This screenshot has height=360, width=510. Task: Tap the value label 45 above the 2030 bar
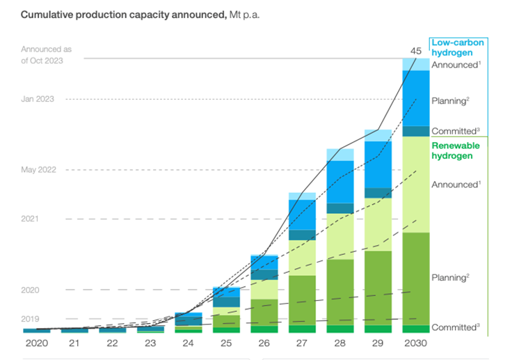[415, 50]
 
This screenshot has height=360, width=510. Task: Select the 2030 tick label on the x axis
[415, 343]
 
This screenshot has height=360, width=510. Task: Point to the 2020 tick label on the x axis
[36, 343]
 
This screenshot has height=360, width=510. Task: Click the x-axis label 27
[302, 343]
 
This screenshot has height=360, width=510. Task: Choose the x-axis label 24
[188, 343]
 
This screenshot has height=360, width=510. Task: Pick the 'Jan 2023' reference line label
[38, 99]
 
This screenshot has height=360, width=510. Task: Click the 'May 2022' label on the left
[38, 170]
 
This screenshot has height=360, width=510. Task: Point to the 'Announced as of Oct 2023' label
[46, 54]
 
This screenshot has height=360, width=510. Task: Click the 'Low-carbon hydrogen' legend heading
[458, 47]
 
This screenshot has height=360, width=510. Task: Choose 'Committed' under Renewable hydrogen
[454, 327]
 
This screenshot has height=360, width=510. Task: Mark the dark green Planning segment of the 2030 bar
[415, 279]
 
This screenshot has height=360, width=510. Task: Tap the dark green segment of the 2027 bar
[302, 299]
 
